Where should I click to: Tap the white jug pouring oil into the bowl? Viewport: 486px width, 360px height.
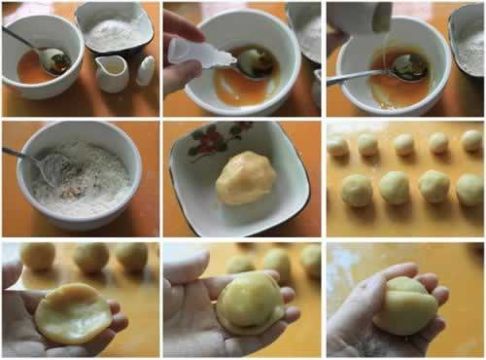359,17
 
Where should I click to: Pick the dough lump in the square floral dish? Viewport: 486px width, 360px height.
246,178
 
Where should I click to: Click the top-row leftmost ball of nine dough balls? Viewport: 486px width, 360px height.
337,146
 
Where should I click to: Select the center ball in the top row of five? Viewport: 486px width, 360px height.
402,143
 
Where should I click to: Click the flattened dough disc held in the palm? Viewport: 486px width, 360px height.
72,312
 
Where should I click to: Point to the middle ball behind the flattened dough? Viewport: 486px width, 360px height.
91,257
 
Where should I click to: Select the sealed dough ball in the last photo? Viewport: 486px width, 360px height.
406,306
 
